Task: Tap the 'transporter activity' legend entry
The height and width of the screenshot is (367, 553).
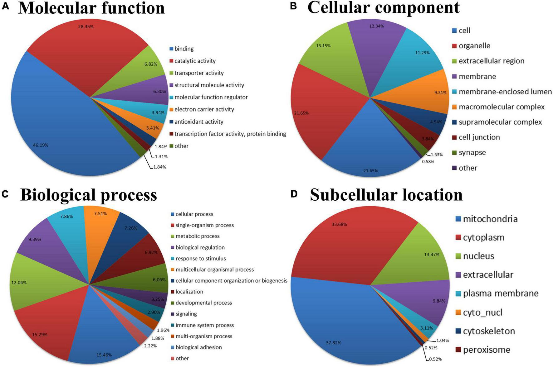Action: [199, 73]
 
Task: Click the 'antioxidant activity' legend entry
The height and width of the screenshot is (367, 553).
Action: [198, 122]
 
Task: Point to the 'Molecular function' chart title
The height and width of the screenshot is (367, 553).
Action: [91, 8]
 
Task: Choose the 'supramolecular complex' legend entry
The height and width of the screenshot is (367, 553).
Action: [500, 122]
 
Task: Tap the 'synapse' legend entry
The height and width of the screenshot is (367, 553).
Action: [472, 153]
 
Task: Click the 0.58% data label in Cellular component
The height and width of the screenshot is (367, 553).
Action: [428, 162]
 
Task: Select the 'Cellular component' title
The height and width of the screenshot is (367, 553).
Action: [383, 7]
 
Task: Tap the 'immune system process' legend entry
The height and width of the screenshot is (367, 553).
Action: [204, 325]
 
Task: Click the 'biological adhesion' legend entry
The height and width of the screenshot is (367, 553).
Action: [198, 347]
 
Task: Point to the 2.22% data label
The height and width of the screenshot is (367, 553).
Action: [150, 346]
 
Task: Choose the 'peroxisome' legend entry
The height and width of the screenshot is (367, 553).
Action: [486, 350]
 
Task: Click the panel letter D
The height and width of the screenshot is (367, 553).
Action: [294, 194]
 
